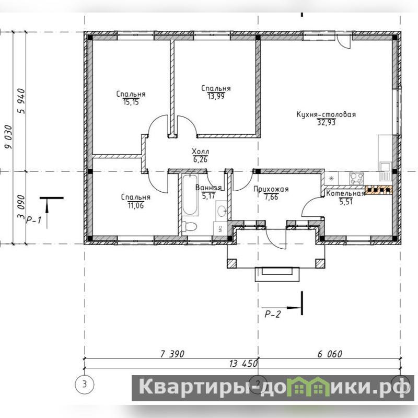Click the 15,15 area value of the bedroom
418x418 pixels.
[131, 102]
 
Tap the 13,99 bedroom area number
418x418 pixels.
[216, 96]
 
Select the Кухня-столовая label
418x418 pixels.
[326, 114]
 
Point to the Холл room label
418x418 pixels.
[201, 152]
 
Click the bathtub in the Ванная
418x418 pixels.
[190, 195]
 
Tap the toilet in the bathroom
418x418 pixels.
[189, 227]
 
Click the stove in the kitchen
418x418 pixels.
[357, 178]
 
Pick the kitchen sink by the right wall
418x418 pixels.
[385, 171]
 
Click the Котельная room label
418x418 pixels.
[345, 193]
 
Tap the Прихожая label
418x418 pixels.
[271, 189]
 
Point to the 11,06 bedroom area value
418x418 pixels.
[136, 205]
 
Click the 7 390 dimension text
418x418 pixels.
[172, 354]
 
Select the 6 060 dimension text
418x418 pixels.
[330, 354]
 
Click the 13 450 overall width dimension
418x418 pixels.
[243, 363]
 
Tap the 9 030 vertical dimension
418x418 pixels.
[9, 137]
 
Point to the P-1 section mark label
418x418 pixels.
[33, 220]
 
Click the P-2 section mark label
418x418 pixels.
[272, 315]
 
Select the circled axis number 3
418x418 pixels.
[85, 385]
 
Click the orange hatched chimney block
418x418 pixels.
[378, 189]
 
